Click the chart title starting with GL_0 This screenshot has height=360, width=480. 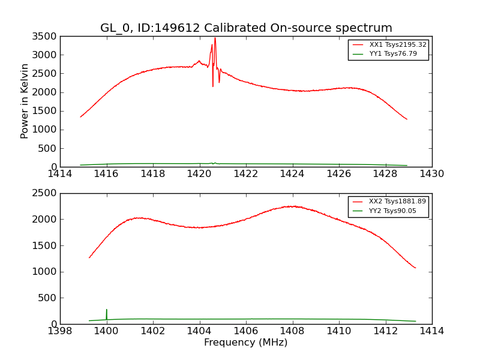click(246, 28)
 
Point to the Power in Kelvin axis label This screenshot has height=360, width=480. click(25, 101)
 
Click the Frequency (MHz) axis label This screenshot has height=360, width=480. click(246, 343)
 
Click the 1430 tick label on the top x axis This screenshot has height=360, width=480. click(431, 174)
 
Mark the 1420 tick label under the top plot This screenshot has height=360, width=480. click(199, 174)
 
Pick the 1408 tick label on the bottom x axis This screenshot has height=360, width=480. click(292, 331)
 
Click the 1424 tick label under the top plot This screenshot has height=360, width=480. click(292, 174)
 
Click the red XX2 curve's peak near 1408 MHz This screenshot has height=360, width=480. click(292, 206)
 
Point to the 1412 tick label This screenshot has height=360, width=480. click(385, 331)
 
